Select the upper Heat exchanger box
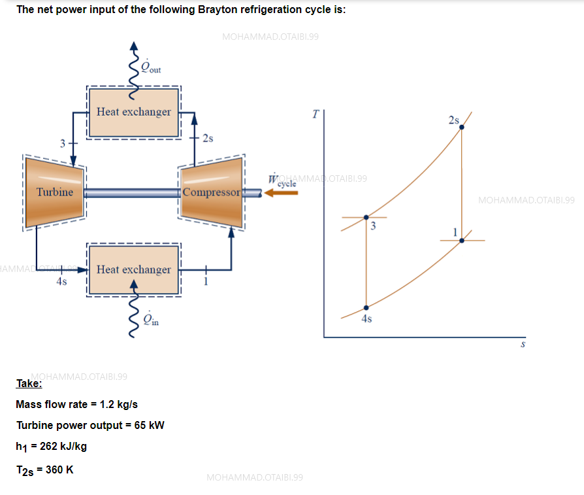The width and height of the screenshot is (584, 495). coord(133,112)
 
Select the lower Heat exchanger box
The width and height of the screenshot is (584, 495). coord(133,269)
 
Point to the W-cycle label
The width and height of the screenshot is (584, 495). coord(282,181)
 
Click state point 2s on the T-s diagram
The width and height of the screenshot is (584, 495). coord(462,127)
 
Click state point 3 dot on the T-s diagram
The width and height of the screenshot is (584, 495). coord(366,217)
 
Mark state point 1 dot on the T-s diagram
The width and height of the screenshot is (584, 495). coord(462,241)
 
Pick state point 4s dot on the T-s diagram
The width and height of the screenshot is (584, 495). coord(366,307)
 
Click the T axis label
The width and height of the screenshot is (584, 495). coord(316,114)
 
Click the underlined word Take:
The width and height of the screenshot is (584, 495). coord(29,384)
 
